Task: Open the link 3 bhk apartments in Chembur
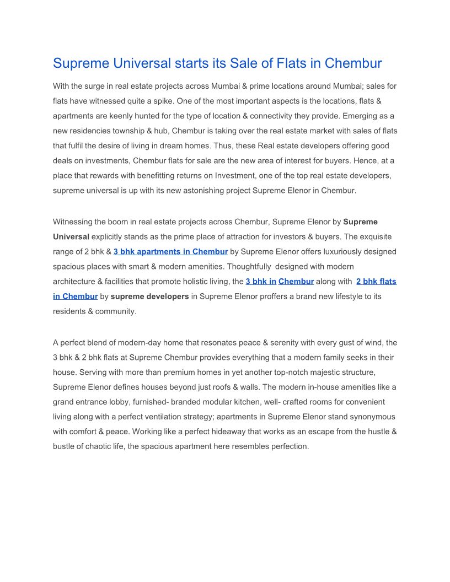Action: (170, 252)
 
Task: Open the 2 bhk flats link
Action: (376, 282)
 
